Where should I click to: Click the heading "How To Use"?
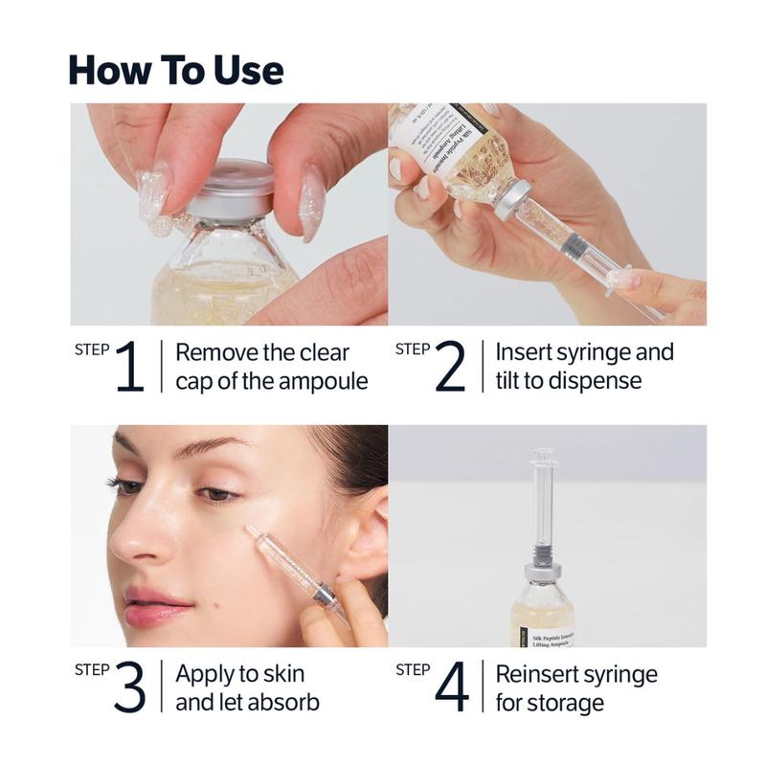coord(176,70)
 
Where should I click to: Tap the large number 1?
coord(129,367)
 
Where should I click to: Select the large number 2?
coord(450,367)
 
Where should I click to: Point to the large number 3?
coord(129,687)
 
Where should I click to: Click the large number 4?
coord(451,687)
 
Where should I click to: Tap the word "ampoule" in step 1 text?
coord(320,381)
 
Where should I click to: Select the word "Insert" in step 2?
coord(525,352)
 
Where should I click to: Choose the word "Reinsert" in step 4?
coord(537,673)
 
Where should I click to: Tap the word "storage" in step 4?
coord(567,702)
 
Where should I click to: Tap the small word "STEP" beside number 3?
coord(91,669)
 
